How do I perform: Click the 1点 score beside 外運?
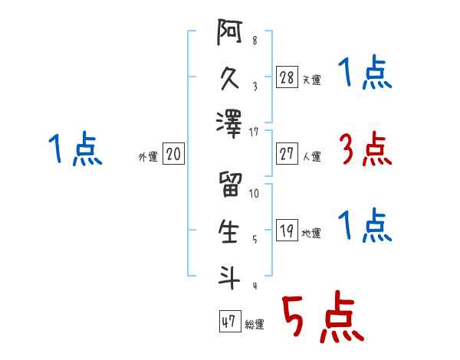(x=76, y=149)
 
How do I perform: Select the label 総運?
(x=255, y=325)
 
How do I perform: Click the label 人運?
(x=312, y=157)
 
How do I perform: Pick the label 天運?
(x=312, y=80)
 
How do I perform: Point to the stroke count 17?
(x=254, y=132)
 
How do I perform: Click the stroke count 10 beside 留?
(x=254, y=193)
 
